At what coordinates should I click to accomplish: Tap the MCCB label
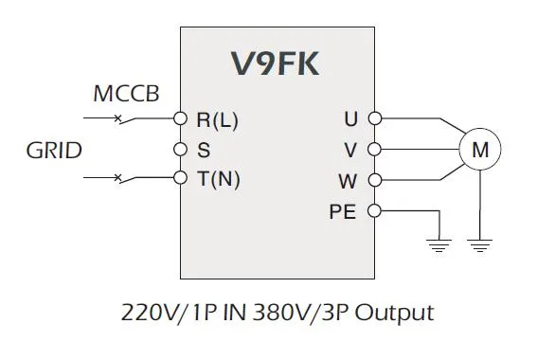(x=126, y=95)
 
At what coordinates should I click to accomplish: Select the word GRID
(x=54, y=150)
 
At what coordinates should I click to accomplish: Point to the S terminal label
(x=203, y=149)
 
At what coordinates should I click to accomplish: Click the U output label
(x=350, y=119)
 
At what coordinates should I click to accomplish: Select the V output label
(x=350, y=149)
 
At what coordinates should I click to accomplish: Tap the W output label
(x=349, y=179)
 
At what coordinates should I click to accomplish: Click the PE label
(x=342, y=211)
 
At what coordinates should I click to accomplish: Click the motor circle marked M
(x=479, y=150)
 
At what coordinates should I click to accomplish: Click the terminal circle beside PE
(x=374, y=211)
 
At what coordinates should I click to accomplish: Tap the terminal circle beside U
(x=374, y=119)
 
